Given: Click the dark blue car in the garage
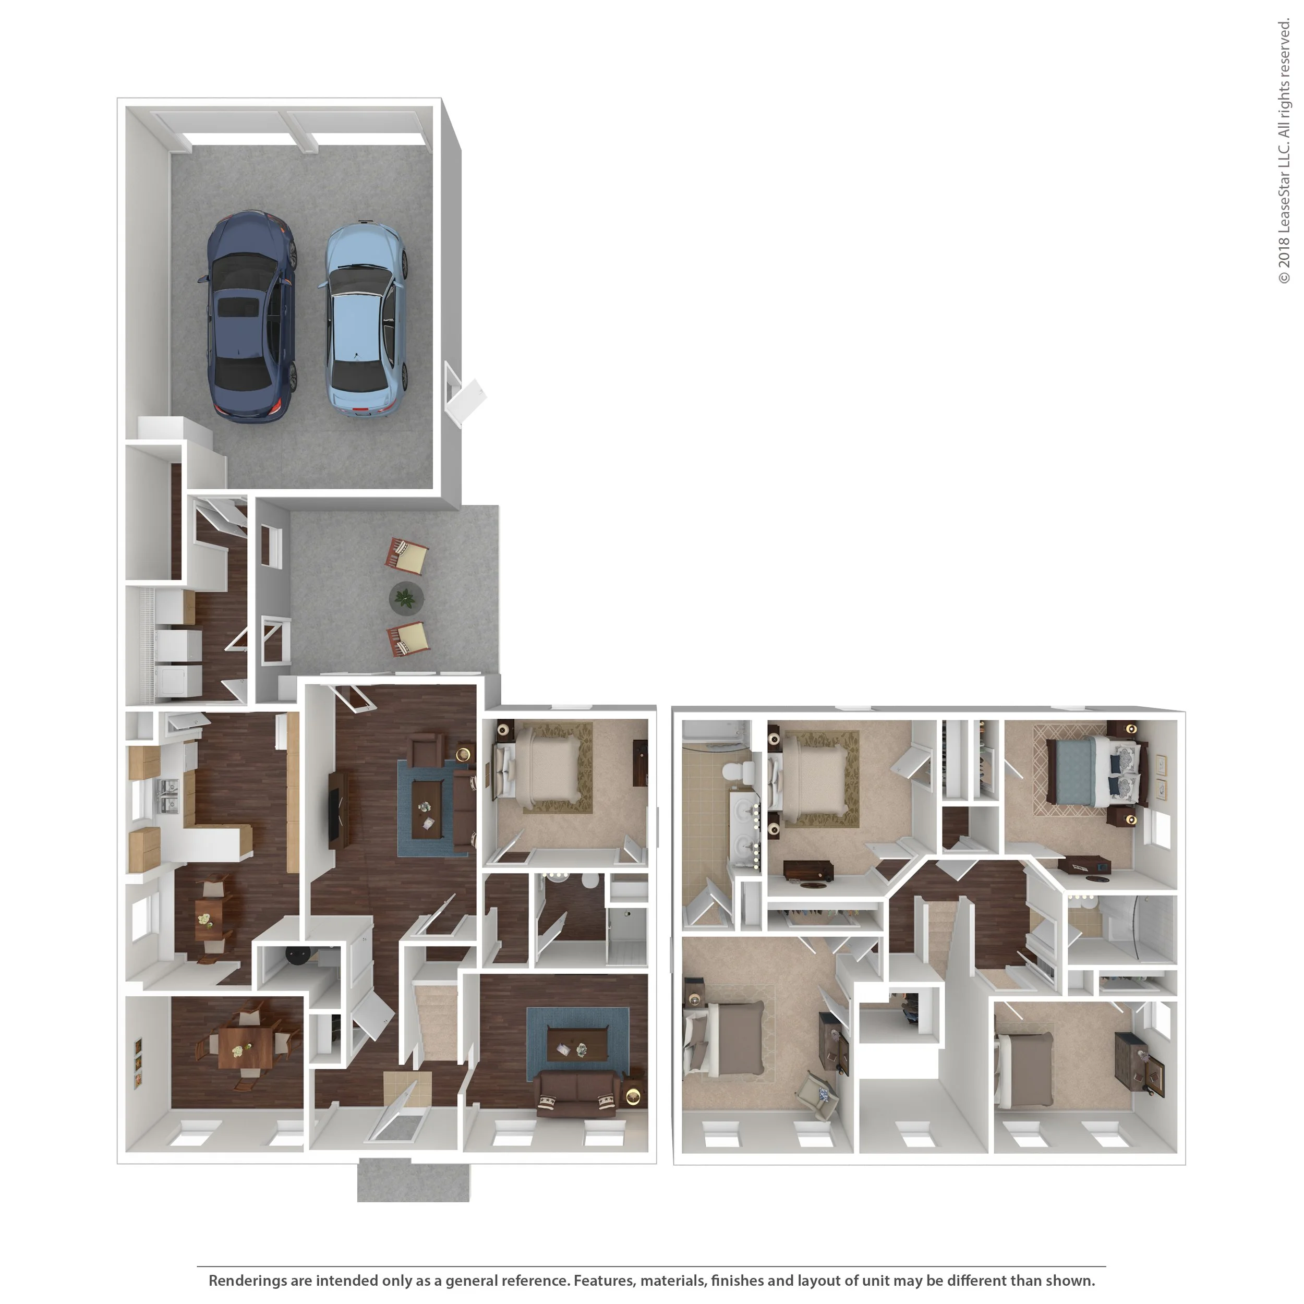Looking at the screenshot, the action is tap(248, 317).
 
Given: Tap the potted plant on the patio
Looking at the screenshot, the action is tap(406, 597).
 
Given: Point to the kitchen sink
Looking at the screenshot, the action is tap(167, 796).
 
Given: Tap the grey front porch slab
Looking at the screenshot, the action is tap(413, 1180).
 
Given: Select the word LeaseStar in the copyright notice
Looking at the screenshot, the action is tap(1284, 200).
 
